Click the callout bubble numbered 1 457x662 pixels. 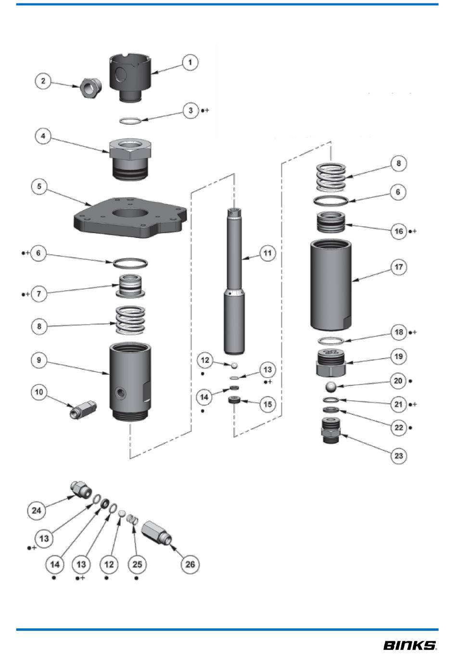pos(190,62)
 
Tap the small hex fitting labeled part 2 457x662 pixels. pos(90,87)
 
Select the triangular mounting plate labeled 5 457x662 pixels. pos(130,218)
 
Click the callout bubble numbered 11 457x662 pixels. pos(267,253)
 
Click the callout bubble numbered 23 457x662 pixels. pos(398,455)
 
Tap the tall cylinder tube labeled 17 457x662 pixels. pos(331,285)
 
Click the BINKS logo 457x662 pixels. pos(410,646)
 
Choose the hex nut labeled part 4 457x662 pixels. pos(130,159)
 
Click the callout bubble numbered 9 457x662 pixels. pos(39,360)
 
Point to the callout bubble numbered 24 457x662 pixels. pos(37,510)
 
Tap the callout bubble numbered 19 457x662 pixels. pos(398,356)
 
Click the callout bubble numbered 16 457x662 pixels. pos(399,231)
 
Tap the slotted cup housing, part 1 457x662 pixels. pos(130,77)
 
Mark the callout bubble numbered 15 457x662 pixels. pos(267,404)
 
